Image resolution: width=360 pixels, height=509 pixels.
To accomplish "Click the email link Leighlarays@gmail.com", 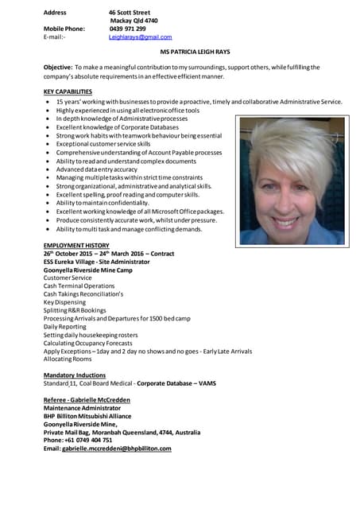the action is tap(140, 37).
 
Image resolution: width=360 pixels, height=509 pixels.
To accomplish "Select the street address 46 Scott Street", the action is tap(130, 13).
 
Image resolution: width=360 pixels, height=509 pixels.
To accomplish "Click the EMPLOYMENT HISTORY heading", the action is tap(76, 245).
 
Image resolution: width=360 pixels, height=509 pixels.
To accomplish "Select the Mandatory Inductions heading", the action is tap(75, 374).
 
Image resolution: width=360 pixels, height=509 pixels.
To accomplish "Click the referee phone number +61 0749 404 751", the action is tap(78, 440).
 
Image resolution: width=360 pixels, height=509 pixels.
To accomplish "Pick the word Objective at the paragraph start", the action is tap(57, 68).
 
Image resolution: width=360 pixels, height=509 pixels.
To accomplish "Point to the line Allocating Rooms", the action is tap(68, 359).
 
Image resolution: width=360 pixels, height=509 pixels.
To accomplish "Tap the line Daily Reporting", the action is tap(64, 327).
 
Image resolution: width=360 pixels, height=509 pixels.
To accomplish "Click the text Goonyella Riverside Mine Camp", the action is tap(87, 270).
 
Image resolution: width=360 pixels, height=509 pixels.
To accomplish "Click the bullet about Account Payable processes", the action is tap(138, 153).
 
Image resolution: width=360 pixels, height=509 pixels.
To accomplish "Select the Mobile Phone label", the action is tap(64, 29).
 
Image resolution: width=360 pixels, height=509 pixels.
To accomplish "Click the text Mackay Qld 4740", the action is tap(134, 21).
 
